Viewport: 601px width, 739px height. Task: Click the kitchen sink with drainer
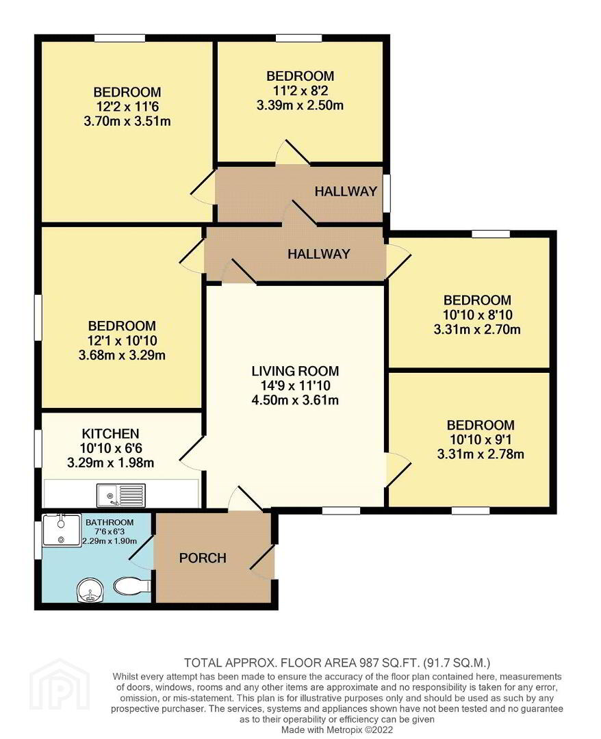click(x=121, y=495)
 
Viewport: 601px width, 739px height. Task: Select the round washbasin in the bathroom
click(x=90, y=591)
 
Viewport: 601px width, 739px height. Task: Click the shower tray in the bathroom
click(x=62, y=530)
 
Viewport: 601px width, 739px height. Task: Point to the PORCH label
click(x=203, y=558)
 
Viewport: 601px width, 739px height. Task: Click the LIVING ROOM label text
click(x=295, y=371)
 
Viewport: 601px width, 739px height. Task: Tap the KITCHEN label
click(x=110, y=434)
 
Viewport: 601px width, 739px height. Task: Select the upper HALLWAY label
click(x=346, y=192)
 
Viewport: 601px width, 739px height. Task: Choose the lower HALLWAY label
click(x=319, y=254)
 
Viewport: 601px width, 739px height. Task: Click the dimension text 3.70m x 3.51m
click(x=127, y=121)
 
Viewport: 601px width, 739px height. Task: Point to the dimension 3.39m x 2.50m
click(x=300, y=105)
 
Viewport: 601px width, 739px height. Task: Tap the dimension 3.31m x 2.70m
click(x=477, y=329)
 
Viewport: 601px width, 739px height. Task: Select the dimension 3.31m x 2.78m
click(x=481, y=454)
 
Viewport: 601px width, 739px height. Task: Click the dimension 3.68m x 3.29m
click(x=122, y=355)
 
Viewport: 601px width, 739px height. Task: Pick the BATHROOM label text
click(x=110, y=522)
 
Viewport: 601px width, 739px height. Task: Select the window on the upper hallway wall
click(x=386, y=193)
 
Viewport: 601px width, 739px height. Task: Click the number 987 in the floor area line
click(x=369, y=663)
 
